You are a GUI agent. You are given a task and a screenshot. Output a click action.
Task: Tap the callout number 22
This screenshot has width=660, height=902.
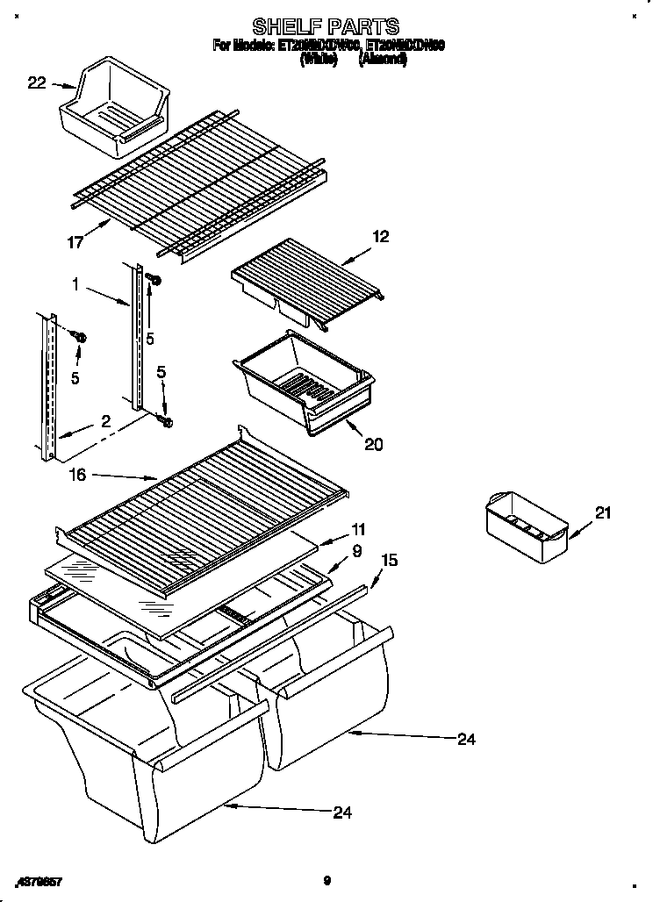coord(36,83)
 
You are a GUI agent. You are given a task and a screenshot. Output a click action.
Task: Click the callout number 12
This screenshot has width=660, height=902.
coord(380,236)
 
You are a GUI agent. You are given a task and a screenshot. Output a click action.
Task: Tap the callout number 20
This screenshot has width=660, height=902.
coord(373,445)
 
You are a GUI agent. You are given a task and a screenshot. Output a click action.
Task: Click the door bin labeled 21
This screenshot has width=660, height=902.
coord(526,529)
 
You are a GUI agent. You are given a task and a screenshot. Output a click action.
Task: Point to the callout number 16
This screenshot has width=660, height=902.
coord(78,474)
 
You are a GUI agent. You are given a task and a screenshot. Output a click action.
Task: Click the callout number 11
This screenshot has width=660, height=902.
coord(359,529)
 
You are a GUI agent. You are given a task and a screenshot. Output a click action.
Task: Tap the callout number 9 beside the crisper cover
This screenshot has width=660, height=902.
coord(357,552)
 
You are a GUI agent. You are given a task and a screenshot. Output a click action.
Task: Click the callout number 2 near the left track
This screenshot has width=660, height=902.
coord(105,421)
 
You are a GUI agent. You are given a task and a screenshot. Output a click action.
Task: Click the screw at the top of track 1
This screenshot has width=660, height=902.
coord(154,279)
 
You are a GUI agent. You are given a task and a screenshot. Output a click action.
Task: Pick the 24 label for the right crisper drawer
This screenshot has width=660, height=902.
coord(466,740)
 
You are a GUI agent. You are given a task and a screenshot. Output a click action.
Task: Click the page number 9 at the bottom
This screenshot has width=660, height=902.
coord(326,881)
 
